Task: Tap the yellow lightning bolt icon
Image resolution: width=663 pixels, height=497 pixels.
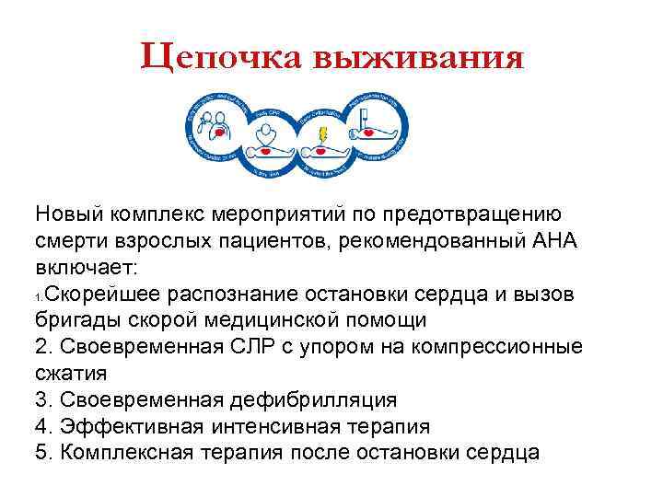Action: click(321, 136)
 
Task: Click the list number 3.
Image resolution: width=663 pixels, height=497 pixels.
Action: click(41, 400)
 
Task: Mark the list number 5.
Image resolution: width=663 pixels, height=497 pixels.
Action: click(41, 454)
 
